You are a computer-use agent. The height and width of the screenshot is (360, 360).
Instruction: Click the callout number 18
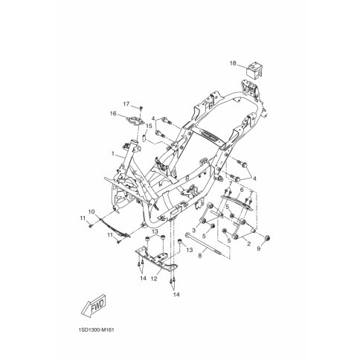pyautogui.click(x=233, y=65)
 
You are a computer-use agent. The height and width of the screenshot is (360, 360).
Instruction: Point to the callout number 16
pyautogui.click(x=114, y=114)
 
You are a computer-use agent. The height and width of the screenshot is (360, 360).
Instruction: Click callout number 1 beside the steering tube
pyautogui.click(x=113, y=152)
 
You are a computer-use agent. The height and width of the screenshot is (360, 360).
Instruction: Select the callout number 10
pyautogui.click(x=91, y=212)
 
